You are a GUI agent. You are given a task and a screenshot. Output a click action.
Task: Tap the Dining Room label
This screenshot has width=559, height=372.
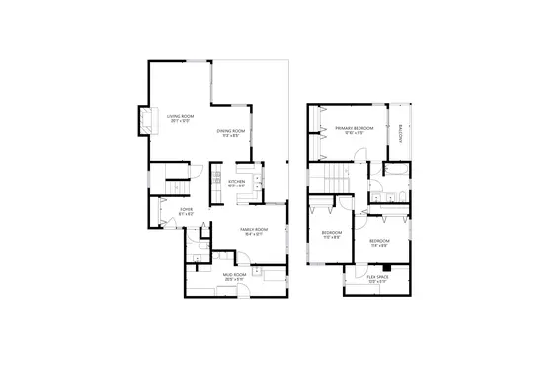(231, 130)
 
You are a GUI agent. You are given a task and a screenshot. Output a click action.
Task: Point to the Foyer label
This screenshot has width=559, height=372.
(185, 210)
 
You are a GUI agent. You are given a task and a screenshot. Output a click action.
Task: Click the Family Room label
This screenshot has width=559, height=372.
(253, 229)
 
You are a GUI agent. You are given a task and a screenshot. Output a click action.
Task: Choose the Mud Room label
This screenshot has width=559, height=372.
(233, 276)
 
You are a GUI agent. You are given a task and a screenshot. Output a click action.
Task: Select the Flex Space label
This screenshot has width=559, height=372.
(377, 277)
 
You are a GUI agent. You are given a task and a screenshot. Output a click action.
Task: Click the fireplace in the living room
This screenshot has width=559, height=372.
(145, 121)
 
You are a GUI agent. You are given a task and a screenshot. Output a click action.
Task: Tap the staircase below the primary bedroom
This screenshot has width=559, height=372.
(335, 181)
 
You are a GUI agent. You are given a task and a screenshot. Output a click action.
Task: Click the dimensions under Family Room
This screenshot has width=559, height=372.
(253, 234)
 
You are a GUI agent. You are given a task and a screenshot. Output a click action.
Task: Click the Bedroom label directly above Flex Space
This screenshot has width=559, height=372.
(379, 241)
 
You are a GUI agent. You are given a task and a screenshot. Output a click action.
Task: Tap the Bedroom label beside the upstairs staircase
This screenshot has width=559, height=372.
(330, 232)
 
